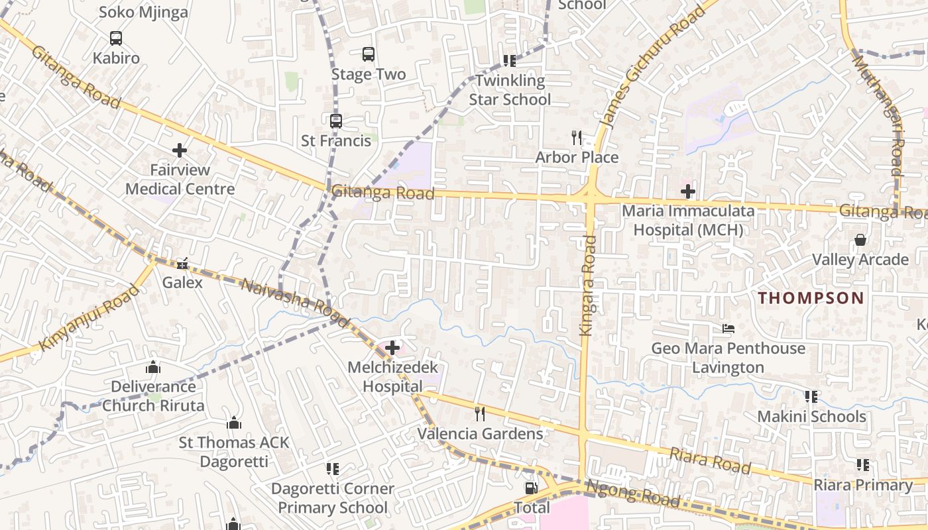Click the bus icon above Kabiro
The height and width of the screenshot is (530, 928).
coord(116,38)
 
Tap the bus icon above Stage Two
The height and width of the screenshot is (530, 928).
coord(368,54)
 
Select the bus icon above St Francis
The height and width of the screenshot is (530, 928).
coord(336,121)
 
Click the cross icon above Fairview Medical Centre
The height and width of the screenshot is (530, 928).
coord(180,150)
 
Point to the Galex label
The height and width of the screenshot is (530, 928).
coord(182,282)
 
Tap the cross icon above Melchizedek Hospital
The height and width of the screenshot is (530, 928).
coord(392,347)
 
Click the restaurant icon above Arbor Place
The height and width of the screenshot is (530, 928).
coord(577,138)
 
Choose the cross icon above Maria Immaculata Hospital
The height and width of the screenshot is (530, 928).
coord(688,192)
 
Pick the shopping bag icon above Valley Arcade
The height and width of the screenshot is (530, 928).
coord(860,240)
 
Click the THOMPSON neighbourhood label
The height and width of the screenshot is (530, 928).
coord(811,298)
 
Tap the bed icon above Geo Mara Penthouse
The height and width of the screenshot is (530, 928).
coord(728,329)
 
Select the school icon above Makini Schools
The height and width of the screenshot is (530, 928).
coord(811,397)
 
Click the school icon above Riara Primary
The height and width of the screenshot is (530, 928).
coord(863,465)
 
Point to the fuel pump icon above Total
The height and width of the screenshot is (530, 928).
coord(532,488)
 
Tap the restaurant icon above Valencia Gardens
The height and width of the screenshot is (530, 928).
coord(480,414)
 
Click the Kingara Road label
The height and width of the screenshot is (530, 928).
coord(588,286)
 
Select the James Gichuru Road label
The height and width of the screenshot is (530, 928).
coord(652,68)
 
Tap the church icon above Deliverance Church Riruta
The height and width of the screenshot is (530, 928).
coord(153,367)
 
